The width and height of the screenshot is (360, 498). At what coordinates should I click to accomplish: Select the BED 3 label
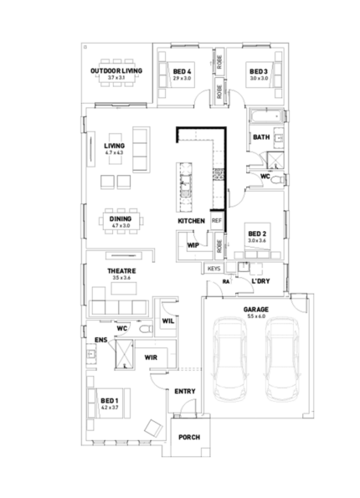tap(258, 72)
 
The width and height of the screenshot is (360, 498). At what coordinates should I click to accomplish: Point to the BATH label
tap(261, 137)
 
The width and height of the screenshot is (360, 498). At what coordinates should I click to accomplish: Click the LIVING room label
tap(114, 146)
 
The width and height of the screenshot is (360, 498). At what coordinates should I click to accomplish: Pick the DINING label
tap(119, 219)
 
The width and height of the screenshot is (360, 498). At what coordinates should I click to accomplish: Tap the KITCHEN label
tap(192, 220)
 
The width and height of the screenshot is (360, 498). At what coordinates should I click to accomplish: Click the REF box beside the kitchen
tap(216, 220)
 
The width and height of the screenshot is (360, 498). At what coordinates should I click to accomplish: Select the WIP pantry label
tap(193, 245)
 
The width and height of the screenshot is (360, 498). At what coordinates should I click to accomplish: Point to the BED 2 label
tap(257, 234)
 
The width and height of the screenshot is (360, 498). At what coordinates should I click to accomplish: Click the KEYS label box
tap(213, 269)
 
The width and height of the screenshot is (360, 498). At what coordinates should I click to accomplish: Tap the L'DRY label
tap(260, 281)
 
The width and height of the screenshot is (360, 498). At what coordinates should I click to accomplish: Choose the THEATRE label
tap(116, 271)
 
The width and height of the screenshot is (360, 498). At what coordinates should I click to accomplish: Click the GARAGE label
tap(255, 309)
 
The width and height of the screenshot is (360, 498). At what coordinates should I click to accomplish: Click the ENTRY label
tap(184, 391)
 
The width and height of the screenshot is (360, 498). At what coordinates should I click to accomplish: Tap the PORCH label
tap(188, 436)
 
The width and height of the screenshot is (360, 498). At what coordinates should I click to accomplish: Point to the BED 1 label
tap(110, 402)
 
